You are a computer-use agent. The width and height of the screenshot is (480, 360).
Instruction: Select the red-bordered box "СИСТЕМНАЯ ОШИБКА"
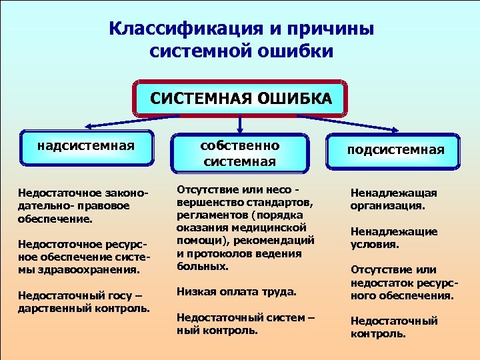click(241, 99)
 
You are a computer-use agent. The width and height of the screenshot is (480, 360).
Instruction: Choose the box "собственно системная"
click(241, 153)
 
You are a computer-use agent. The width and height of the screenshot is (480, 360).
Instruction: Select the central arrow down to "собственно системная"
click(240, 125)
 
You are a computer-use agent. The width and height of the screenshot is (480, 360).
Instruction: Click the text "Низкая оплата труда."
click(237, 291)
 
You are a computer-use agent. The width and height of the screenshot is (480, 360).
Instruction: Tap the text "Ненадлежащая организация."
click(394, 199)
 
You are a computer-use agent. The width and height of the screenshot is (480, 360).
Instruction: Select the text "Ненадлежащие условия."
click(394, 238)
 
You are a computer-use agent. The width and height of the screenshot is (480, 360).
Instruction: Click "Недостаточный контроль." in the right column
click(394, 327)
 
